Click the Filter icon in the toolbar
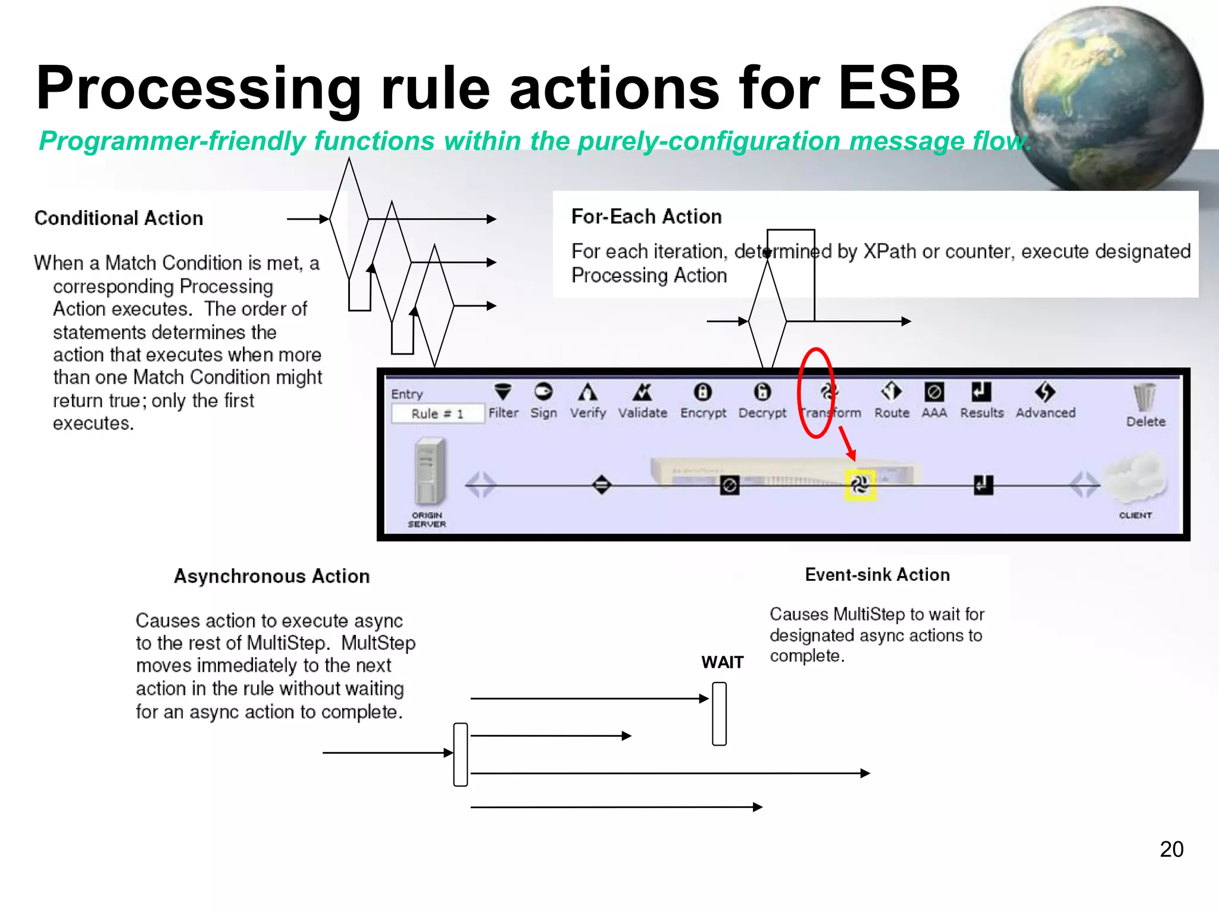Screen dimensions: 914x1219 coord(503,392)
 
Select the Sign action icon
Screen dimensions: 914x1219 coord(543,392)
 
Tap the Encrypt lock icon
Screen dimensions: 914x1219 coord(702,392)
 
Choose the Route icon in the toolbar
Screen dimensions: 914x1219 coord(891,392)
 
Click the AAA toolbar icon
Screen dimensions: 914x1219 coord(934,392)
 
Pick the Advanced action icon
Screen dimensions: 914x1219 coord(1045,392)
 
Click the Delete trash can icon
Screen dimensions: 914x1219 coord(1144,397)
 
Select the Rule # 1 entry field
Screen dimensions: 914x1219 coord(437,414)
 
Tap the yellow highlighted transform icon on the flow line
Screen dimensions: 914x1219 coord(859,485)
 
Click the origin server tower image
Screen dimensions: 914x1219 coord(429,471)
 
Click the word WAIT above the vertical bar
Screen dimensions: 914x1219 coord(722,662)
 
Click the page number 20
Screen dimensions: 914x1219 coord(1171,849)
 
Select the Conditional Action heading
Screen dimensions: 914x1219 coord(118,218)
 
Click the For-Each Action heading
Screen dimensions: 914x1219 coord(646,217)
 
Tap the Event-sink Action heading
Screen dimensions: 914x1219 coord(877,575)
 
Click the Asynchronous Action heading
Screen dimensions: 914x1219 coord(271,576)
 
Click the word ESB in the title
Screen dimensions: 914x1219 coord(899,88)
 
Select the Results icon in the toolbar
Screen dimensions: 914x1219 coord(981,392)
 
